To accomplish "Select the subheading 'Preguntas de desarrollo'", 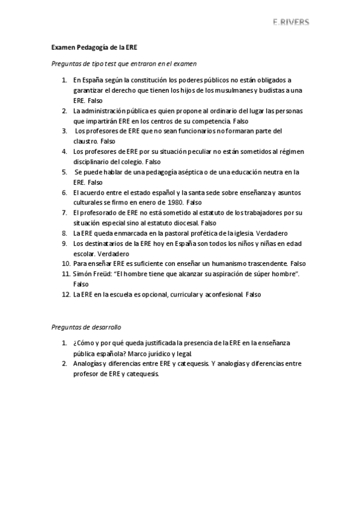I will point(85,327).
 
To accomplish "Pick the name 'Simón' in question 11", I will point(82,274).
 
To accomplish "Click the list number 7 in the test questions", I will point(64,212).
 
